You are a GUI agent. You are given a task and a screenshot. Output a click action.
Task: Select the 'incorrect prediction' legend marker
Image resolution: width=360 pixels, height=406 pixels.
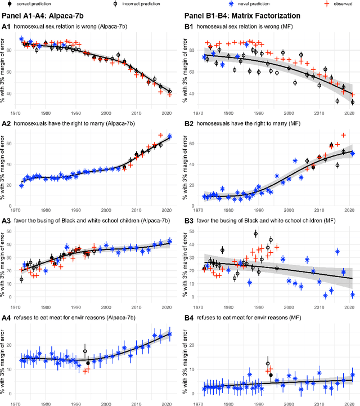(116, 3)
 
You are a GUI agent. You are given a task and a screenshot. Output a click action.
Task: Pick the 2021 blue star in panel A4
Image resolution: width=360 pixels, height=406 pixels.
(170, 333)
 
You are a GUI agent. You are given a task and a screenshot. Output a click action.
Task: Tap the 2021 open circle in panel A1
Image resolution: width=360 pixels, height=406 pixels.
(170, 91)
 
